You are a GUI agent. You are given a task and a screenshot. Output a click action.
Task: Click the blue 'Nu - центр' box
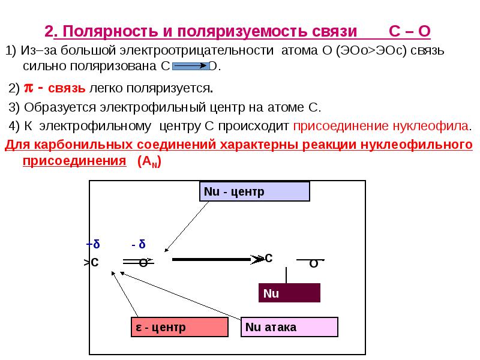(x=254, y=191)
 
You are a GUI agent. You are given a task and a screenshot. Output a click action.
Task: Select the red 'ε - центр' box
(x=179, y=327)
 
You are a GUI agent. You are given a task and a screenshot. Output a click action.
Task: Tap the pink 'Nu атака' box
(x=290, y=327)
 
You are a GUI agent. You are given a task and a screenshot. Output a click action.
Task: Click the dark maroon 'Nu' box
(x=290, y=293)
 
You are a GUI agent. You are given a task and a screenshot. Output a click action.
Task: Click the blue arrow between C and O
(x=191, y=65)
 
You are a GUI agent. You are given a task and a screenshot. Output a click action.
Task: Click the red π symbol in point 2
(x=28, y=89)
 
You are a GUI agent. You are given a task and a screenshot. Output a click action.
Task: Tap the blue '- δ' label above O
(x=139, y=245)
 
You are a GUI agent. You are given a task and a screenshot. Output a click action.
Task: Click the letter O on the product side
(x=313, y=263)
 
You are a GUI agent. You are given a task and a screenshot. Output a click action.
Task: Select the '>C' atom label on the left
(x=91, y=262)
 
